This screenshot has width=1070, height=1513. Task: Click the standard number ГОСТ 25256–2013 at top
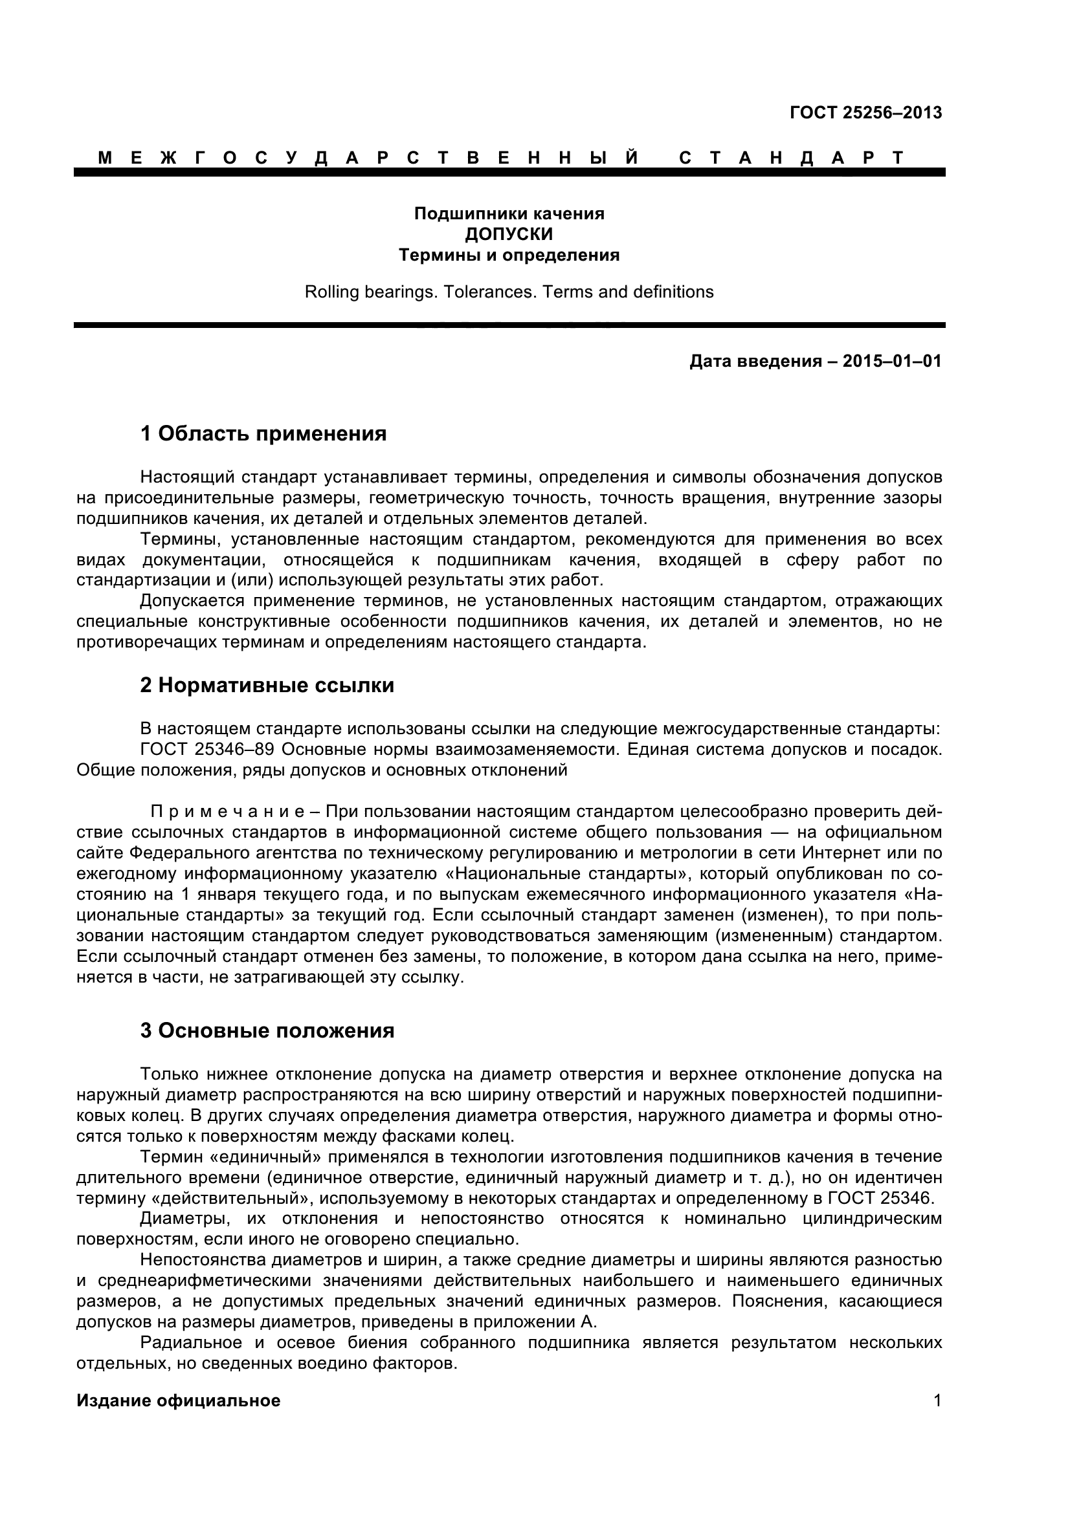point(865,113)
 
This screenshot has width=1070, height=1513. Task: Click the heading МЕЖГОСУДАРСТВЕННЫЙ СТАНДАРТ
point(501,157)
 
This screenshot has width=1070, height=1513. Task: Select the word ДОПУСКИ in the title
point(508,234)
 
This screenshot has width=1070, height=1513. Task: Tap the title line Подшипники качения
point(508,213)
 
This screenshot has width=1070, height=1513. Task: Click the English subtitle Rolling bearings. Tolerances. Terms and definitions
point(508,292)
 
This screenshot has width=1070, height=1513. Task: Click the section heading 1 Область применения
point(263,433)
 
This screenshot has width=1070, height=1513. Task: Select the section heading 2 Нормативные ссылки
point(267,685)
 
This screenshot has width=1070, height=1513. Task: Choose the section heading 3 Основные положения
point(267,1030)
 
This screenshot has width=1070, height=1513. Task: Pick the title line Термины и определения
point(508,255)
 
